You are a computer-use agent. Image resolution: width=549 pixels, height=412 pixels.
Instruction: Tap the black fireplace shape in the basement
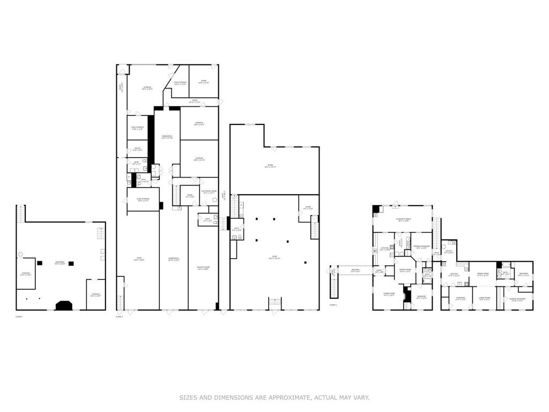coord(64,305)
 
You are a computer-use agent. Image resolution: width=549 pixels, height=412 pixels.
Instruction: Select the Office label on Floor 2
coord(137,149)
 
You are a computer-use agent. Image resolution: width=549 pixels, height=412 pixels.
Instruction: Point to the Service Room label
coord(203,268)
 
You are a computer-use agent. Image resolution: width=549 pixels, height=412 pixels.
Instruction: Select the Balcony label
coord(355,270)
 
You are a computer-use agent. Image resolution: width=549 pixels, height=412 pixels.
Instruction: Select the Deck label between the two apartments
coord(436,253)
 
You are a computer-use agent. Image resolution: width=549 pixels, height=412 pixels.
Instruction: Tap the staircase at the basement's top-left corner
coord(21,214)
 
